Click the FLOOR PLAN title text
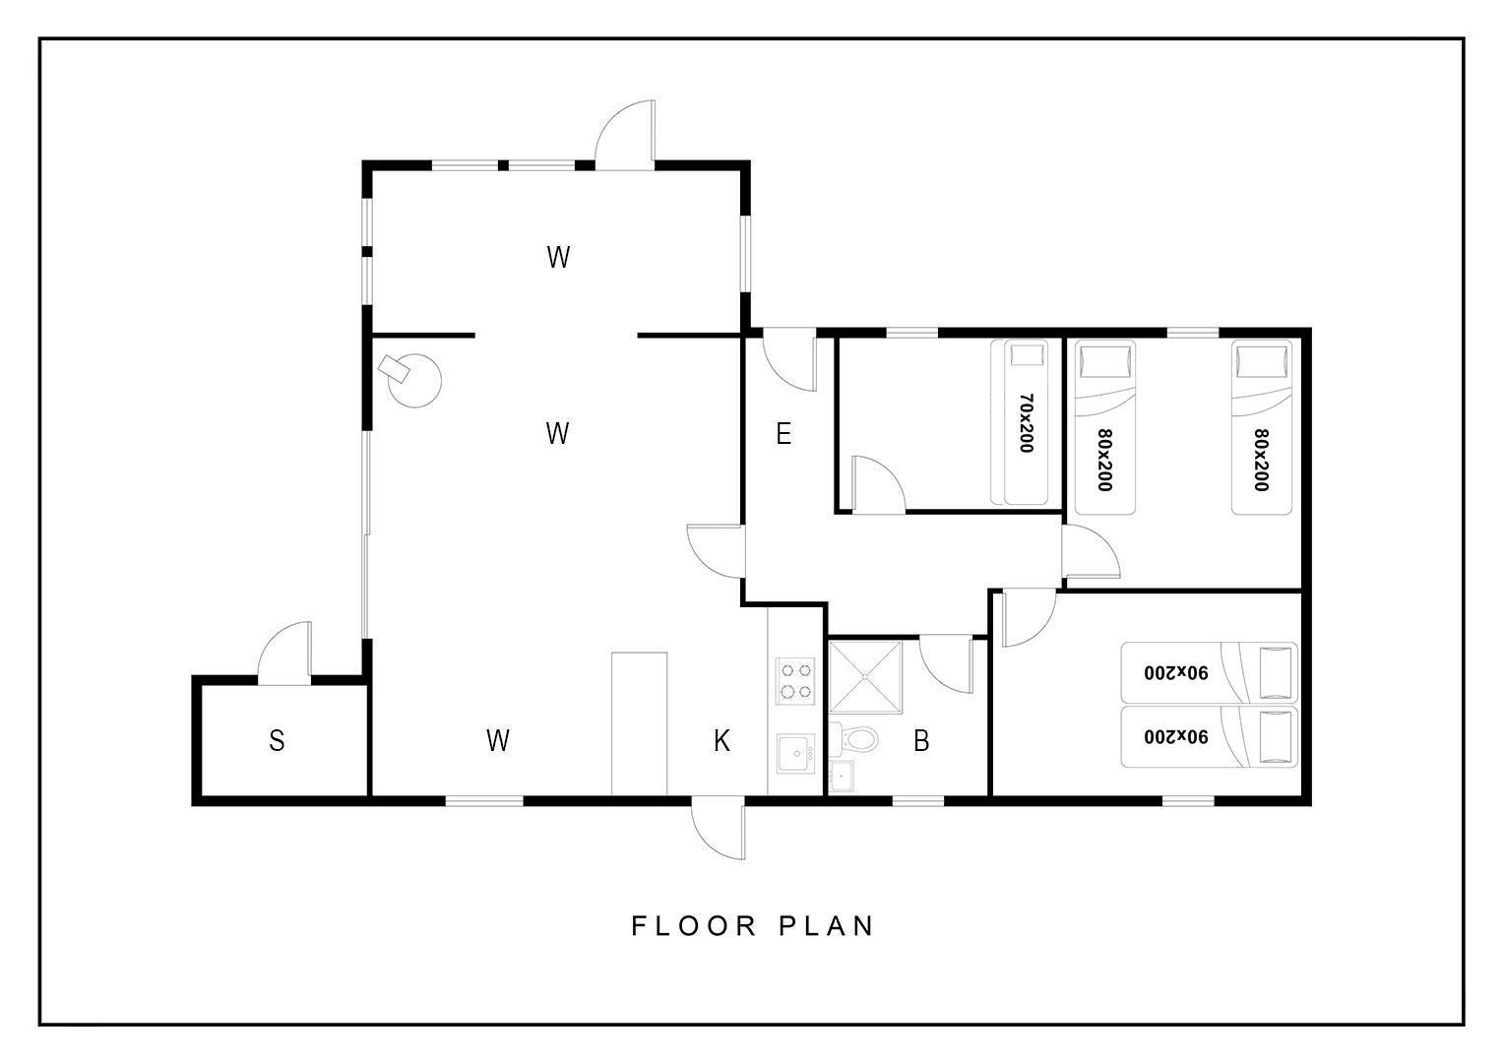click(752, 926)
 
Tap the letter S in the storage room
click(277, 741)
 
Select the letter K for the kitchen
click(721, 741)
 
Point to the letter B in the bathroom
click(921, 741)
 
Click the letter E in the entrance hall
click(783, 433)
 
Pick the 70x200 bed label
click(1026, 423)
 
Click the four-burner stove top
click(795, 681)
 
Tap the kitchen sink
click(795, 754)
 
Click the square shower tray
click(865, 677)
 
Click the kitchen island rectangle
click(639, 724)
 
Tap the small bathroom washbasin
click(842, 777)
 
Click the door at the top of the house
click(625, 134)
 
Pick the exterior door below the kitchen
click(718, 831)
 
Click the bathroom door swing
click(946, 665)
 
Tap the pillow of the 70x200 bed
click(1028, 355)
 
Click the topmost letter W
click(558, 257)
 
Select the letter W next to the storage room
click(498, 741)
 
